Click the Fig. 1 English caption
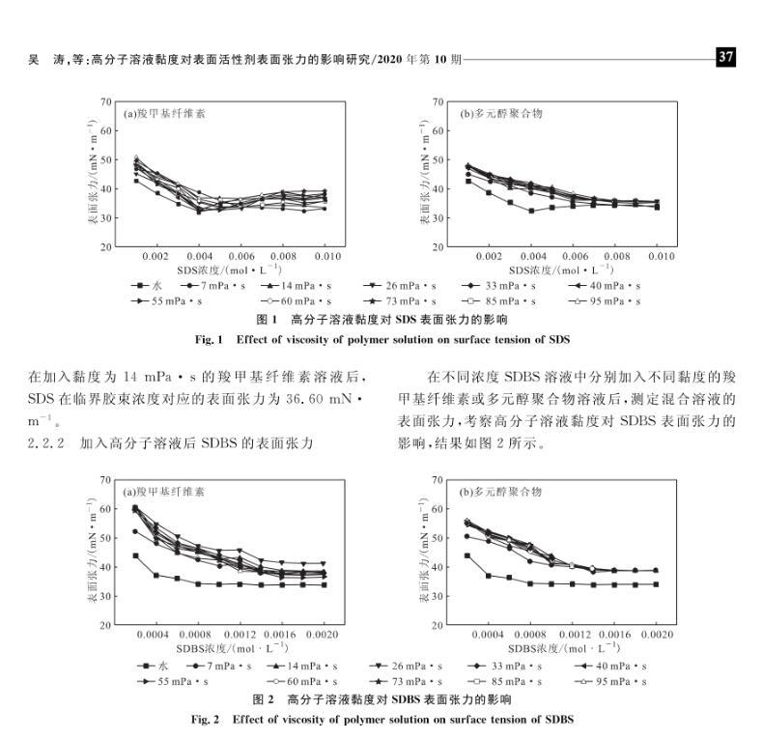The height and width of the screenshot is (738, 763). [x=381, y=339]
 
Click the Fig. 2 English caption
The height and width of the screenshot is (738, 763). [x=381, y=720]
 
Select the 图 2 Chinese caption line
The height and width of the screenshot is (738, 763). [x=381, y=699]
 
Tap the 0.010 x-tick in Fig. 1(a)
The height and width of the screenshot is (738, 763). [x=327, y=257]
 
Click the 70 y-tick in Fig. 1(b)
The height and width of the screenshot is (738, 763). [x=438, y=101]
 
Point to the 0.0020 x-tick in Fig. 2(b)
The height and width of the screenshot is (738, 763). [x=656, y=635]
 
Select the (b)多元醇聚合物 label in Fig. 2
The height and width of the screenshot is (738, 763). [x=501, y=492]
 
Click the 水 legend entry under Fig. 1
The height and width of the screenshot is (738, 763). [x=151, y=286]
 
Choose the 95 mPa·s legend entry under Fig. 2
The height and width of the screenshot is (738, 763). [x=609, y=682]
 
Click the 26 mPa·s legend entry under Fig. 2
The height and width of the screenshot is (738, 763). [x=407, y=666]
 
